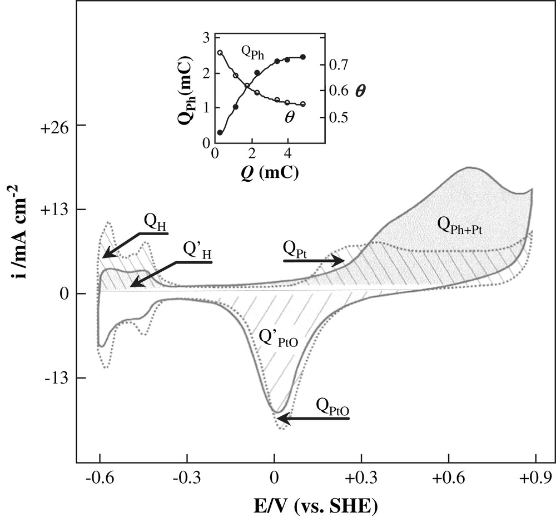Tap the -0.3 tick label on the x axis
tap(186, 478)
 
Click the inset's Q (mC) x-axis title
tap(264, 171)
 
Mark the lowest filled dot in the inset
tap(220, 133)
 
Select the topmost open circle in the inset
tap(220, 53)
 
